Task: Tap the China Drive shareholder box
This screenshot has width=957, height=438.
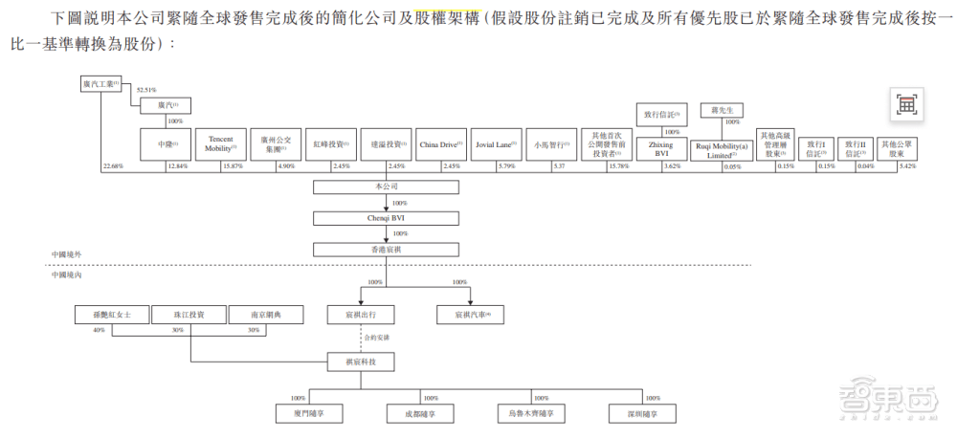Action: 441,144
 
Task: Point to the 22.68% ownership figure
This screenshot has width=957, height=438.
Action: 112,167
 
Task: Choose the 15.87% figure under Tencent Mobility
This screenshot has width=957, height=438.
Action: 234,167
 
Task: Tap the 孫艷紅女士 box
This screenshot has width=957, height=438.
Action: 112,314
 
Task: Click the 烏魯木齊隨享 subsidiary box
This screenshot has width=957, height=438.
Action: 531,413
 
